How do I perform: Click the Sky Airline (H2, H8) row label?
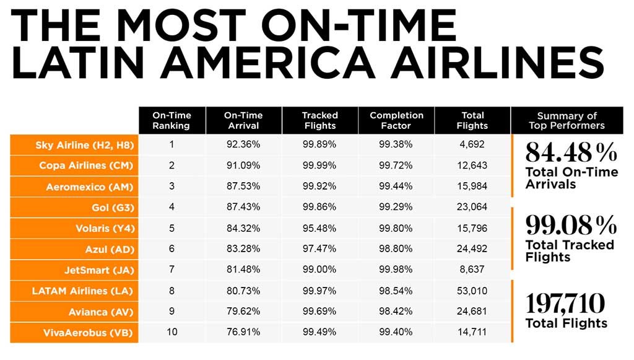pyautogui.click(x=85, y=145)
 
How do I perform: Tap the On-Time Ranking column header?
pyautogui.click(x=172, y=120)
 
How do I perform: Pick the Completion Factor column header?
pyautogui.click(x=396, y=120)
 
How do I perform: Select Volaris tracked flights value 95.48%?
pyautogui.click(x=319, y=228)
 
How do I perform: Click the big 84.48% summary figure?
pyautogui.click(x=571, y=152)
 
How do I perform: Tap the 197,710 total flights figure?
pyautogui.click(x=565, y=304)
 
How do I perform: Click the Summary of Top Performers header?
pyautogui.click(x=567, y=120)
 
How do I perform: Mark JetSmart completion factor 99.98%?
pyautogui.click(x=396, y=270)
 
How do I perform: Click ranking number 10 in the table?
pyautogui.click(x=172, y=332)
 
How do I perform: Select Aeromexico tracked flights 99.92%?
pyautogui.click(x=319, y=187)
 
